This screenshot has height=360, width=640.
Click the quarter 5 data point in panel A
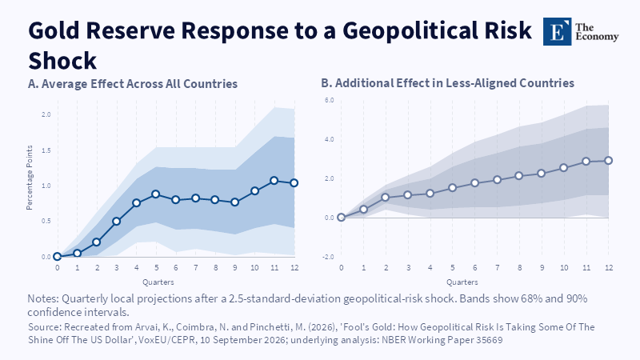[x=155, y=194]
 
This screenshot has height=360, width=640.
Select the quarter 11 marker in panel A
[x=274, y=181]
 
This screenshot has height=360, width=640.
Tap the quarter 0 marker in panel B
[x=342, y=217]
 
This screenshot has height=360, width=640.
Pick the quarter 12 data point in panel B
[x=608, y=161]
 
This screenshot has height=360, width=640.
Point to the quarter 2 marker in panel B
[x=386, y=197]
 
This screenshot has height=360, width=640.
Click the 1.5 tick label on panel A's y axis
[x=46, y=150]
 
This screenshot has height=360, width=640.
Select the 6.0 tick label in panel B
[x=329, y=100]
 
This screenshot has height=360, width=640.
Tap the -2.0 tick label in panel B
[x=329, y=257]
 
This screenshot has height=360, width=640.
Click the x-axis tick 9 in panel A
[x=234, y=268]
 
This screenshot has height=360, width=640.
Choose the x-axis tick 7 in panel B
[x=497, y=268]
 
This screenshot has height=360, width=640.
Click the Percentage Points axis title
[x=30, y=178]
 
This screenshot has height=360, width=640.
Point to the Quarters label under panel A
[x=158, y=282]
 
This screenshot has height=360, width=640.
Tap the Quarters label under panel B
[x=462, y=282]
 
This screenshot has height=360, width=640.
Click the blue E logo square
[x=557, y=31]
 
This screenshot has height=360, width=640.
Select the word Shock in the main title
[x=62, y=62]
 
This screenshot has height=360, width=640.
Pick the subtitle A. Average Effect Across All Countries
[x=133, y=84]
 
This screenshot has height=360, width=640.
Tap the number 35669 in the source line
[x=490, y=340]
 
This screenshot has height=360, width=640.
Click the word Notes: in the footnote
[x=43, y=298]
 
